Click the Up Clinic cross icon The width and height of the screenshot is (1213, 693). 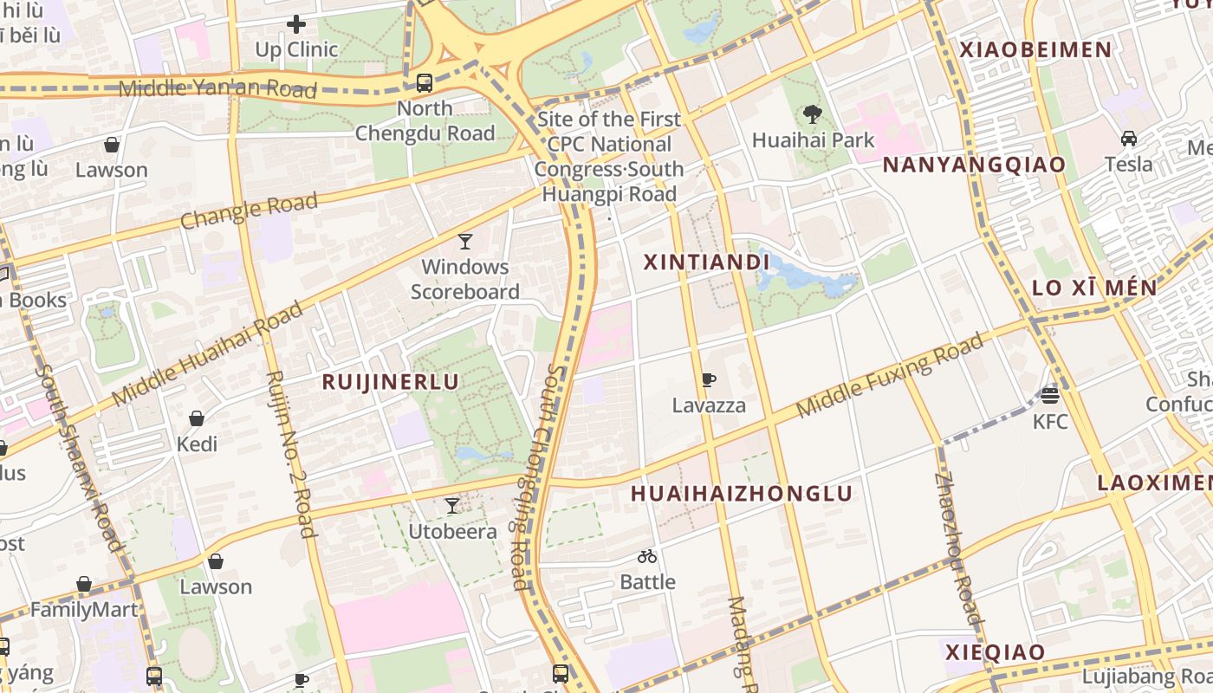point(296,24)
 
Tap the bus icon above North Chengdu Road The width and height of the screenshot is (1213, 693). point(424,83)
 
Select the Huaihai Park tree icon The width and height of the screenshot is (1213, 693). point(812,113)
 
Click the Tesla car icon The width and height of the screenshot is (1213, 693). point(1128,139)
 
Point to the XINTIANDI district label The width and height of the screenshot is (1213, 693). point(706,262)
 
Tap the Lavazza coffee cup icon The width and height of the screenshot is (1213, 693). point(708,379)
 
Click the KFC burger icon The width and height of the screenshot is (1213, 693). point(1050,396)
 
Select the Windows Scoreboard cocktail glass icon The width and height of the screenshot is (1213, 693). point(465,241)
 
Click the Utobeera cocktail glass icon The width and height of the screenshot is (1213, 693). point(451,505)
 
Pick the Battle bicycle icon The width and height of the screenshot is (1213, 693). point(647,556)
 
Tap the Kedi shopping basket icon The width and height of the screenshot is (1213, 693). point(197,418)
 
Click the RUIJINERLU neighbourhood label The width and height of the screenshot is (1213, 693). point(390,382)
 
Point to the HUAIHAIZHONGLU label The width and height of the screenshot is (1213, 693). point(742,494)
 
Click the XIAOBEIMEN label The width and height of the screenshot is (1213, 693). point(1035,50)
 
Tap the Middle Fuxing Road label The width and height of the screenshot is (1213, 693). point(890,374)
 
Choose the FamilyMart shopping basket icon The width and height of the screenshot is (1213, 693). point(84,585)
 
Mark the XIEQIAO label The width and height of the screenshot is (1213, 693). point(995,652)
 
